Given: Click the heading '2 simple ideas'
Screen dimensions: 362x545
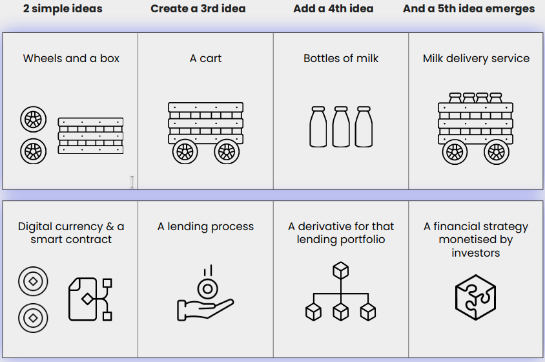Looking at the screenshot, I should tap(63, 9).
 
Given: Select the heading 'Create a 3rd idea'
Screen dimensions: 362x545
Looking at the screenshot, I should tap(198, 9).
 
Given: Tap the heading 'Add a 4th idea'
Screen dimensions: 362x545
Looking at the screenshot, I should tap(333, 9).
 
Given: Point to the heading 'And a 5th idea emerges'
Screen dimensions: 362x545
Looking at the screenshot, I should tap(469, 9).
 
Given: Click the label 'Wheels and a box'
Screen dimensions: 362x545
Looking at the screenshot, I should tap(71, 58).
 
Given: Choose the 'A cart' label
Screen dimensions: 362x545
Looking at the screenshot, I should tap(205, 58).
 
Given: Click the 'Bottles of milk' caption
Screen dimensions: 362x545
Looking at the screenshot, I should tap(341, 58).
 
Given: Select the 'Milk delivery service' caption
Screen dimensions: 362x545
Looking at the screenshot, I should tap(476, 58).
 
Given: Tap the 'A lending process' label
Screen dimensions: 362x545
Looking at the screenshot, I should tap(205, 227).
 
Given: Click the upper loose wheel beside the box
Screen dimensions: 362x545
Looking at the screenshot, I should tap(34, 120).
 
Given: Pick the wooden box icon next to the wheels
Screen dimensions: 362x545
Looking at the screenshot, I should tap(90, 136).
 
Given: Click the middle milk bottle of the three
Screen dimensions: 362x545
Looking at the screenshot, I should tap(341, 127).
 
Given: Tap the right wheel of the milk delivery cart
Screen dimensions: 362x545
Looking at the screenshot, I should tap(496, 152).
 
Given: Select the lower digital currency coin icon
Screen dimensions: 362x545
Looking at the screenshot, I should tap(32, 317).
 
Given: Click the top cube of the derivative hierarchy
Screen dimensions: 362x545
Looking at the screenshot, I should tap(340, 270).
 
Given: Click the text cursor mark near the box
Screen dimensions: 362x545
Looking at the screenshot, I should tap(132, 182).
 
